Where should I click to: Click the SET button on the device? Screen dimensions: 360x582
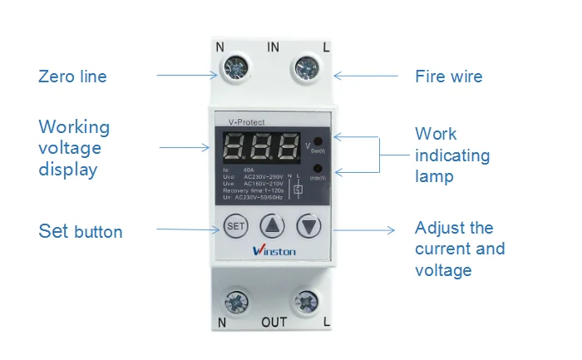(x=235, y=225)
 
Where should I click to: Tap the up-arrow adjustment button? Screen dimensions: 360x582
(x=272, y=225)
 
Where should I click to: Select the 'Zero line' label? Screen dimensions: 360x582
(x=72, y=76)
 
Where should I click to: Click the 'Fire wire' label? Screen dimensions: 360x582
(x=448, y=76)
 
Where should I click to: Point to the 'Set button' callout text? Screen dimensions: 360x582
(x=80, y=231)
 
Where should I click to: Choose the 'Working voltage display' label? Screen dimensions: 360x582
(x=74, y=148)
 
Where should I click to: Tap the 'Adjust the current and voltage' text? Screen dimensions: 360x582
(x=459, y=249)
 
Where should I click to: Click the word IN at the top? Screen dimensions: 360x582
(x=272, y=47)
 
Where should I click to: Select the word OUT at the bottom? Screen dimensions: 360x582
(x=274, y=322)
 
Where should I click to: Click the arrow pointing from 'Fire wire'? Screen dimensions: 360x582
(x=366, y=76)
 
